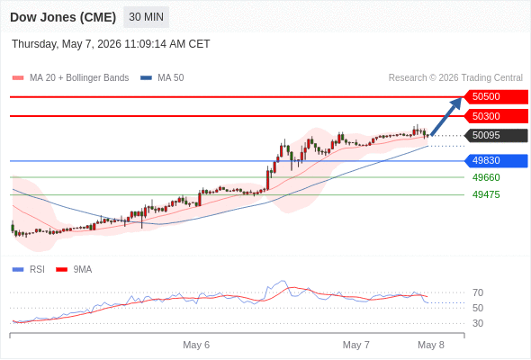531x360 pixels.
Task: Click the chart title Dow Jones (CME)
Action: click(63, 17)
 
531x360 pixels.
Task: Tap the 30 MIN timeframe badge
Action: click(147, 17)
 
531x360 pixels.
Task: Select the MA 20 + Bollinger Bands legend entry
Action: click(70, 78)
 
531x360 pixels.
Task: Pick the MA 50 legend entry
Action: click(162, 78)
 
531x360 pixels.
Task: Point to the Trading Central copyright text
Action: click(455, 78)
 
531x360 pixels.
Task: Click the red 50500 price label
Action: click(496, 97)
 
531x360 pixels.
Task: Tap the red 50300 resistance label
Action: click(496, 116)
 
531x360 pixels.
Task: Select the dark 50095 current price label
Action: click(496, 136)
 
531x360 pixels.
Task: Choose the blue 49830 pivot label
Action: click(496, 160)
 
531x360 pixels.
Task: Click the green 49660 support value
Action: click(486, 177)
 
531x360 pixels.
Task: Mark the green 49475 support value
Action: click(486, 194)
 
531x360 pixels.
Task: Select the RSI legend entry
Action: click(29, 270)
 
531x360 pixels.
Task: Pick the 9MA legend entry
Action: click(74, 270)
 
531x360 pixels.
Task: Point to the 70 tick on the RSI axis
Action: click(478, 292)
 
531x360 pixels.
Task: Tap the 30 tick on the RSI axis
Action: click(478, 323)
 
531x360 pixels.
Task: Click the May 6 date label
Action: click(196, 345)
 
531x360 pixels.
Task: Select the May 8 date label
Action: click(431, 345)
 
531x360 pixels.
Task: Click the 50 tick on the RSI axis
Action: click(478, 308)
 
